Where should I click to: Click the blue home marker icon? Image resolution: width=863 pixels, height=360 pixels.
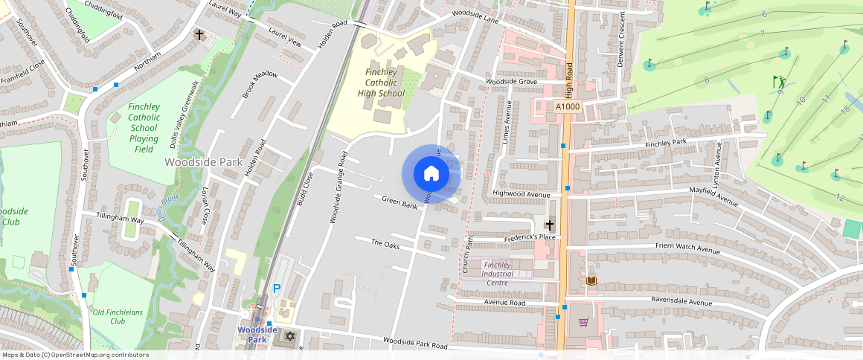[x=431, y=173]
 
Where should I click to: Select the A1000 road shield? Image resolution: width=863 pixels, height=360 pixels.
[x=567, y=107]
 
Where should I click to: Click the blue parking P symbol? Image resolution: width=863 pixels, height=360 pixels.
[x=277, y=289]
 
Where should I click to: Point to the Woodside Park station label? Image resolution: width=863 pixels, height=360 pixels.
[x=257, y=334]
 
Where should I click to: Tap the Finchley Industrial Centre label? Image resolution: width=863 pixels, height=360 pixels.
[x=507, y=273]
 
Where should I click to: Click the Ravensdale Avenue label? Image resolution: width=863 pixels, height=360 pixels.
[x=681, y=302]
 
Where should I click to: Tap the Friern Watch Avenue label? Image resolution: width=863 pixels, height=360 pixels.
[x=687, y=248]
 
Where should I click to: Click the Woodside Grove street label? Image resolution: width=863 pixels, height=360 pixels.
[x=511, y=81]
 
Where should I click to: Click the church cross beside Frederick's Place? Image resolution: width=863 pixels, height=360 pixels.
[x=550, y=224]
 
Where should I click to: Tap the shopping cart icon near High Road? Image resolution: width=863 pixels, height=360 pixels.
[x=583, y=322]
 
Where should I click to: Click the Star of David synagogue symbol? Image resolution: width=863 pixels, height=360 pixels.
[x=289, y=337]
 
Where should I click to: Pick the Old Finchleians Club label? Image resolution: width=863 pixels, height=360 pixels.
[x=118, y=317]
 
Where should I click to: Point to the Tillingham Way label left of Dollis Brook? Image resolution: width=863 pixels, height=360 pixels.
[x=120, y=219]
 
